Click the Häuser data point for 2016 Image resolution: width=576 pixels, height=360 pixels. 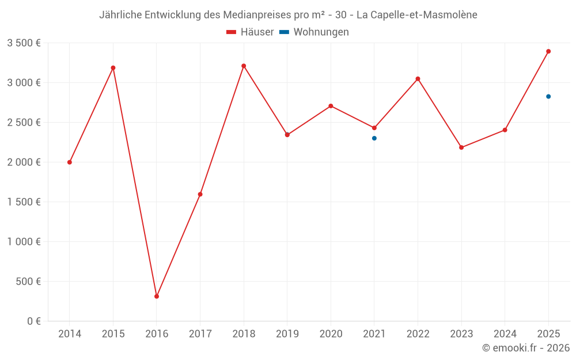click(157, 297)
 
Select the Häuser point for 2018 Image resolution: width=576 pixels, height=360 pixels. click(244, 66)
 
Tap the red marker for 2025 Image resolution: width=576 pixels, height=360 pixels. click(548, 51)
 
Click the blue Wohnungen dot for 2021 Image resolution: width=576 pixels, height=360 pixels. click(374, 138)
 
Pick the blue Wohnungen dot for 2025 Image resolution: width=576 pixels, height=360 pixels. click(548, 96)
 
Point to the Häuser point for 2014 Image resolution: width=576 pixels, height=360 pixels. click(70, 162)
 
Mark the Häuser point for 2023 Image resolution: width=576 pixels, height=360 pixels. click(461, 147)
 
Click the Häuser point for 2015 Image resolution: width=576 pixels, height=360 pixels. click(113, 68)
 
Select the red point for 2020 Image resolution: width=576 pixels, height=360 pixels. click(331, 106)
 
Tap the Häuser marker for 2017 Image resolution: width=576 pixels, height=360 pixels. click(200, 194)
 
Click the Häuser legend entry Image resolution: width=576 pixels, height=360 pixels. click(250, 32)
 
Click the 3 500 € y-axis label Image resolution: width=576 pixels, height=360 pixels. click(24, 43)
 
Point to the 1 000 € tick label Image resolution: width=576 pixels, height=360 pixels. click(24, 242)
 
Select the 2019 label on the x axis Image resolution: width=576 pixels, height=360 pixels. click(287, 334)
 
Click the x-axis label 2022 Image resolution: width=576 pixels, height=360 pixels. click(418, 334)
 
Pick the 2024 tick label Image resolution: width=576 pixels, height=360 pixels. click(505, 334)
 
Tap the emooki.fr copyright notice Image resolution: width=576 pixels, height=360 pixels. click(525, 348)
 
